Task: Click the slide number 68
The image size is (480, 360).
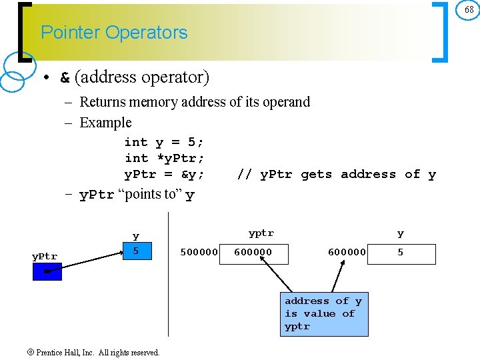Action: (469, 10)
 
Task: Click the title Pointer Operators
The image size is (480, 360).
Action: (114, 33)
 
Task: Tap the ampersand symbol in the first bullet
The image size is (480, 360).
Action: (65, 78)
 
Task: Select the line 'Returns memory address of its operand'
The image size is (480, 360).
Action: (194, 102)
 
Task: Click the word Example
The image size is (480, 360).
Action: (105, 123)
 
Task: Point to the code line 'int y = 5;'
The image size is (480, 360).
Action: (164, 142)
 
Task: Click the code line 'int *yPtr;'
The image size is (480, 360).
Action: (164, 158)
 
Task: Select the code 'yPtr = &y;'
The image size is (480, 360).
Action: (164, 174)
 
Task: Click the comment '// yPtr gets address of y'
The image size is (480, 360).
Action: (336, 174)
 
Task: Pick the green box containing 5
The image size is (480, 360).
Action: (136, 251)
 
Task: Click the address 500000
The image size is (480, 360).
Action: (199, 253)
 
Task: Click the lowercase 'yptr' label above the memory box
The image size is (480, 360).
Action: (261, 233)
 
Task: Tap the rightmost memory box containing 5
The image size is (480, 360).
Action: (401, 253)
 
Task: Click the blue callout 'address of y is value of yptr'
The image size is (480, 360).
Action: (324, 314)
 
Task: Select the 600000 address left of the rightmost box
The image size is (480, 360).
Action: (347, 253)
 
